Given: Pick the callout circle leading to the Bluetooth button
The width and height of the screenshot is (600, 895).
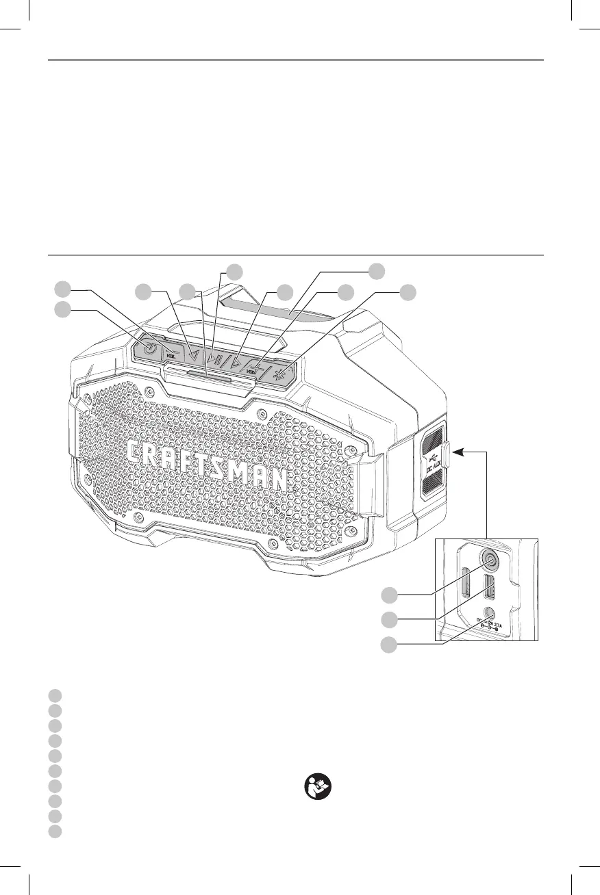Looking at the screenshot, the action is (x=408, y=292).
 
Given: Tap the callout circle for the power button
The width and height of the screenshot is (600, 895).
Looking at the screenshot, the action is (x=63, y=309).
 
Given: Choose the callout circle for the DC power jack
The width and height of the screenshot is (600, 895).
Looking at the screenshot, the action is (x=390, y=644).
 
